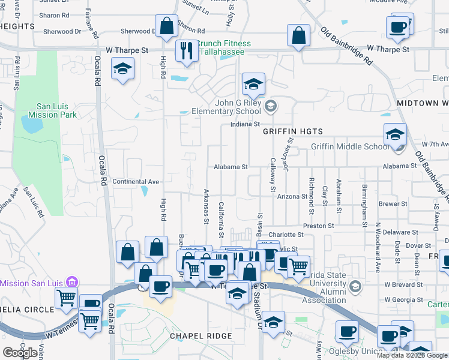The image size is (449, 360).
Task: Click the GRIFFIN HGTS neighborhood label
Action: [x=293, y=131]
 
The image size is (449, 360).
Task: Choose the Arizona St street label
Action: [x=292, y=196]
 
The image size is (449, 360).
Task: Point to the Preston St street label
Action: [x=319, y=226]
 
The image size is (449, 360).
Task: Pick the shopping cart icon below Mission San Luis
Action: [x=66, y=297]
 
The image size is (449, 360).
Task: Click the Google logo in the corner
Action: [x=20, y=352]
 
